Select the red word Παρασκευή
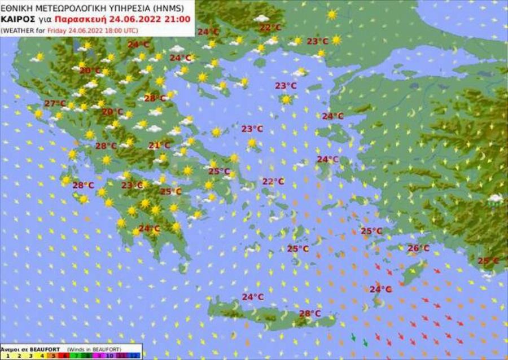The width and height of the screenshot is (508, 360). tap(70, 19)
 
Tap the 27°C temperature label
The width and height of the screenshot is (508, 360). tap(55, 103)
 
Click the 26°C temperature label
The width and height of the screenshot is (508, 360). tap(418, 248)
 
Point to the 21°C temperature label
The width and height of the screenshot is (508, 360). tap(159, 146)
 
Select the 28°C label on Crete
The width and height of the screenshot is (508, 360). tap(310, 314)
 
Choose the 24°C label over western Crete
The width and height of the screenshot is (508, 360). tap(253, 297)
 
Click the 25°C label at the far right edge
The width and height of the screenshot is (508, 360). tap(488, 261)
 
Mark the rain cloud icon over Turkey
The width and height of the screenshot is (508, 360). tap(496, 198)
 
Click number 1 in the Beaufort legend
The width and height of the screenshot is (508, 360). tap(4, 356)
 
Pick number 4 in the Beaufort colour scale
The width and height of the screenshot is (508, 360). tap(38, 356)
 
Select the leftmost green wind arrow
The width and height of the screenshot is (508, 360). tap(353, 338)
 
